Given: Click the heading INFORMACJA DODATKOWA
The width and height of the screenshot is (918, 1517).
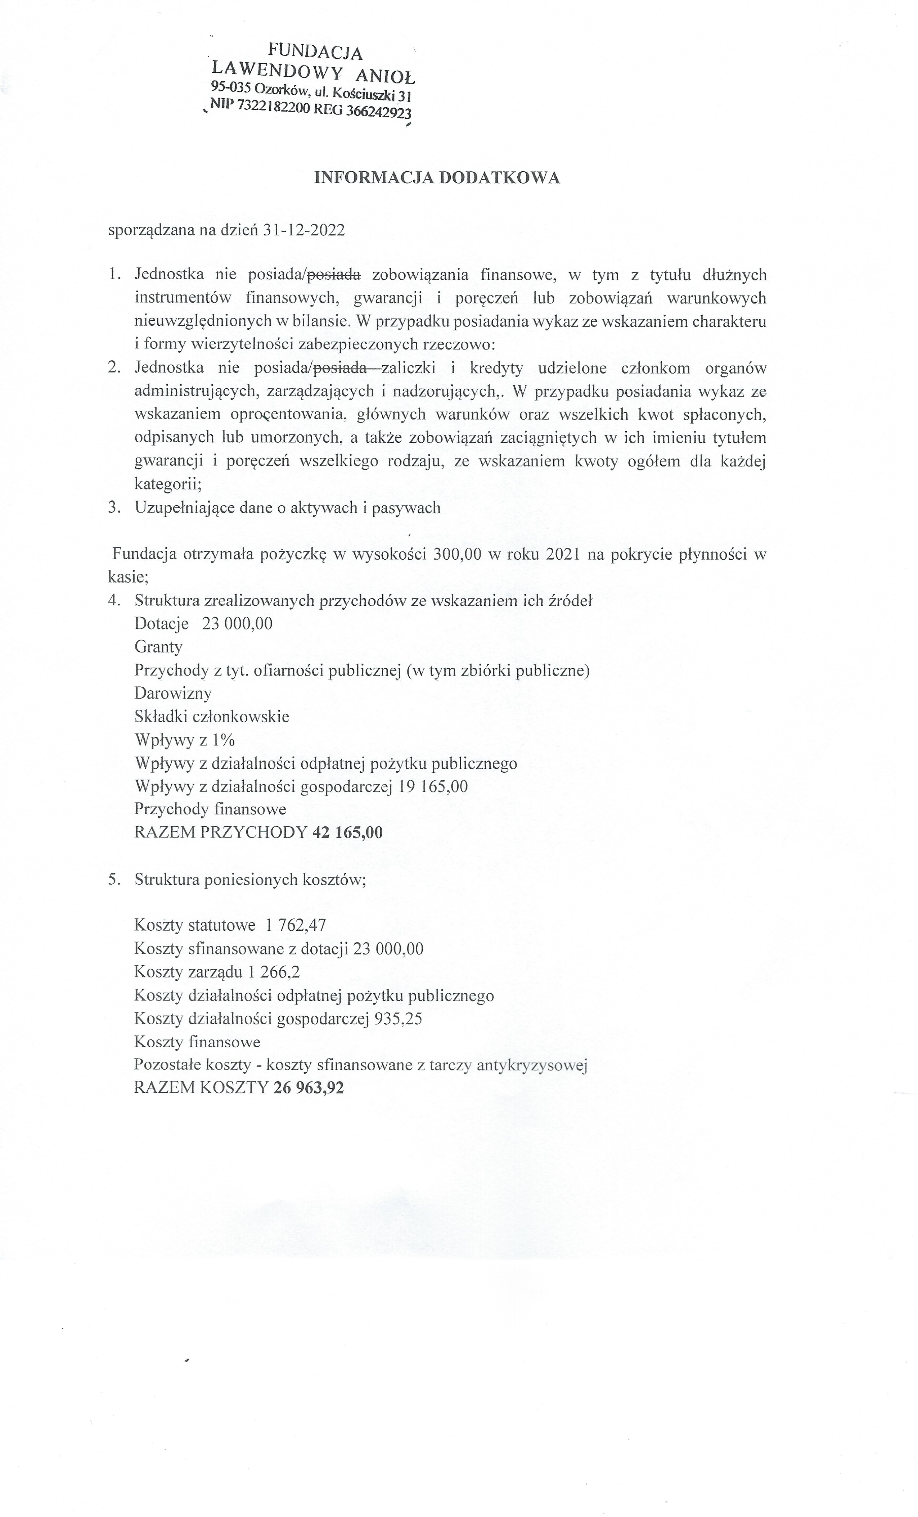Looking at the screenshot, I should click(x=437, y=178).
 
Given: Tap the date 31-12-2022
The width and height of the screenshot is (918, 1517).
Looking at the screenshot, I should click(x=303, y=230).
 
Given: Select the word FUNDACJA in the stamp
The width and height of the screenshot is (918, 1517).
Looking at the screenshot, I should click(x=315, y=52).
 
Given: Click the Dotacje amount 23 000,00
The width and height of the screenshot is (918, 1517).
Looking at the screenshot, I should click(x=237, y=624).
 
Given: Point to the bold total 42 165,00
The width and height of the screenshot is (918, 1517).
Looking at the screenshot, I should click(x=347, y=832).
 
